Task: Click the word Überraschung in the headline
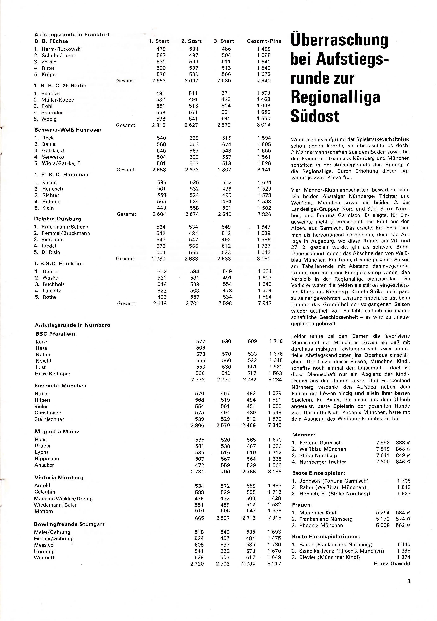pyautogui.click(x=339, y=41)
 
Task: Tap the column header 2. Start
pyautogui.click(x=191, y=41)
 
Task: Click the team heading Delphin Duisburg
pyautogui.click(x=58, y=219)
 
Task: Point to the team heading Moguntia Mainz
pyautogui.click(x=57, y=431)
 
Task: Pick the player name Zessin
pyautogui.click(x=49, y=62)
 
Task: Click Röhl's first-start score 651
pyautogui.click(x=160, y=106)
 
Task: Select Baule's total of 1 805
pyautogui.click(x=264, y=144)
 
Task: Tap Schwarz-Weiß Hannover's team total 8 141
pyautogui.click(x=264, y=170)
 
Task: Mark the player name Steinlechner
pyautogui.click(x=49, y=419)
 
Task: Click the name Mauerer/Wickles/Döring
pyautogui.click(x=63, y=499)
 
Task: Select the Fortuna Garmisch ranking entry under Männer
pyautogui.click(x=320, y=443)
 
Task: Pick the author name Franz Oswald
pyautogui.click(x=392, y=564)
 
